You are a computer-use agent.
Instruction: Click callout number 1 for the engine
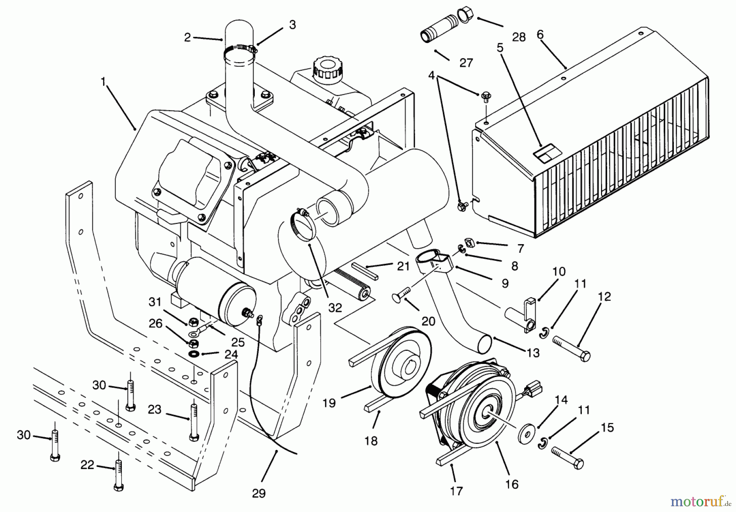coord(103,82)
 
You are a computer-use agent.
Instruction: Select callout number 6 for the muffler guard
coord(540,35)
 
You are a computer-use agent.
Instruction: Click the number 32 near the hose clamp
coord(335,308)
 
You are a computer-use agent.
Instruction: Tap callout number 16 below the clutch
coord(512,484)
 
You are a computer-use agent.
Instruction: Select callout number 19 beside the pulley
coord(329,403)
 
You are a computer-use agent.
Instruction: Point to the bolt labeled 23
coord(194,421)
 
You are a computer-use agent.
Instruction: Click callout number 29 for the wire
coord(258,494)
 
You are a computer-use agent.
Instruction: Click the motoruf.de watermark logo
coord(700,501)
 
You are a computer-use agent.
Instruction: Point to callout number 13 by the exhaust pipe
coord(533,353)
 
